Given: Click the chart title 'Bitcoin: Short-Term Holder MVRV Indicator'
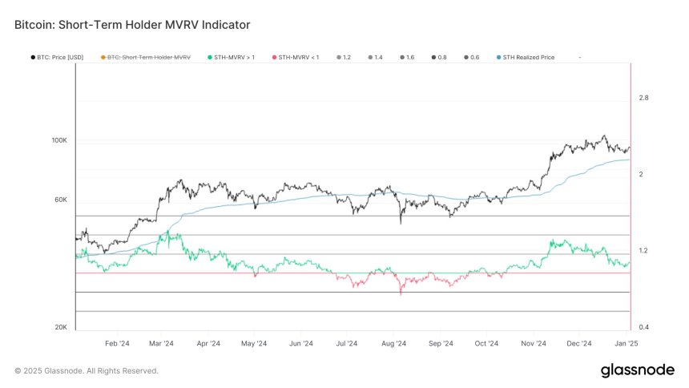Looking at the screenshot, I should tap(132, 25).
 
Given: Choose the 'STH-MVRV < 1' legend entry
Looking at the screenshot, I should tap(296, 58).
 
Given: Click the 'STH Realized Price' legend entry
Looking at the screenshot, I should tap(530, 58).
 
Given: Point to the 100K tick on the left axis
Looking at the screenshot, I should tap(60, 140).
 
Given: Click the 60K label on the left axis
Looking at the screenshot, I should tap(61, 200).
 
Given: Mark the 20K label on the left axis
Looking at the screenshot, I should tap(61, 327).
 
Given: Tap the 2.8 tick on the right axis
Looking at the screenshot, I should tap(643, 98).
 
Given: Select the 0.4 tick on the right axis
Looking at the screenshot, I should tap(643, 327).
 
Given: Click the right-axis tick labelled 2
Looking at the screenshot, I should tap(640, 174).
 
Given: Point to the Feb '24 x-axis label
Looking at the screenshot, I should tap(117, 343).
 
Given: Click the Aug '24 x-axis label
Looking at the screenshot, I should tap(393, 343).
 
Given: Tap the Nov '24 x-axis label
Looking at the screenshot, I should tap(533, 343).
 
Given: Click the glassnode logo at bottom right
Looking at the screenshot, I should tap(636, 370).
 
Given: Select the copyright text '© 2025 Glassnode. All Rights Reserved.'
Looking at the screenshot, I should tap(87, 371).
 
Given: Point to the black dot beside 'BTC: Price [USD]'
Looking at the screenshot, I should tap(31, 58).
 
